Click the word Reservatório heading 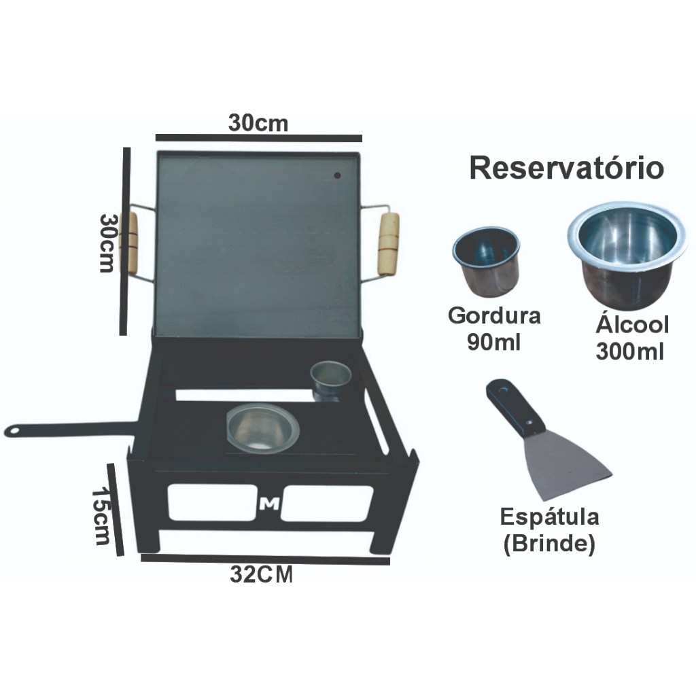pos(566,169)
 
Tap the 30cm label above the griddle pos(258,124)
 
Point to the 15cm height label pos(102,516)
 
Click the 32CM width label pos(262,576)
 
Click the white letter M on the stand pos(270,504)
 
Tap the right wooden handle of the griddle pos(389,243)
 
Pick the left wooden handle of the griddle pos(129,243)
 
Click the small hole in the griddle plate pos(338,176)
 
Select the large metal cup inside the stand pos(262,428)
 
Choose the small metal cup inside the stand pos(330,379)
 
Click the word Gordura pos(494,316)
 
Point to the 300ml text pos(630,352)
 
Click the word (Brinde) pos(549,544)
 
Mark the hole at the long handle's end pos(12,431)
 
